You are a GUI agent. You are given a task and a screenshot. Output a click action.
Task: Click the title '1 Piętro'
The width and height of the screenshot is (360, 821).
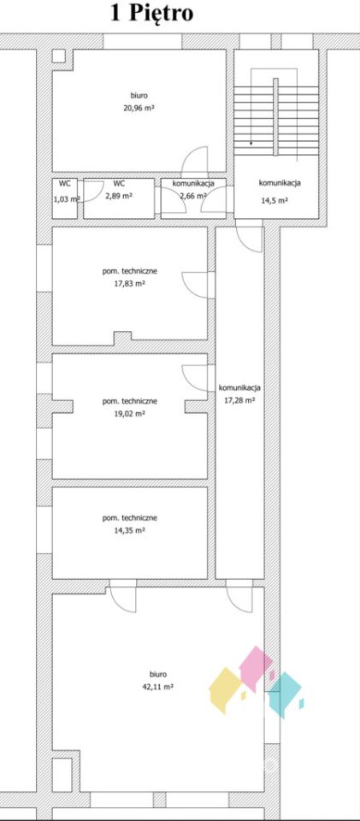point(151,13)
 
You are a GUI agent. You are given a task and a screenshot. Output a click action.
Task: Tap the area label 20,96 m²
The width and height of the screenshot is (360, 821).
point(139,109)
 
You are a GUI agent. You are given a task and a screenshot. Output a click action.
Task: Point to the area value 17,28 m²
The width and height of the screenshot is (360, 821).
point(239,400)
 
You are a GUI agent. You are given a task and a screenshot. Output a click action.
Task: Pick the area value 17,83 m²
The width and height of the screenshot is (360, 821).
point(130,284)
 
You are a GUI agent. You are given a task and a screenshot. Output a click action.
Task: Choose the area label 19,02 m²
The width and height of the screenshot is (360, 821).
point(130,413)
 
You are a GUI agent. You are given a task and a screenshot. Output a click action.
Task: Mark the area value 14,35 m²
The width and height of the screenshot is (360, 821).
point(130,530)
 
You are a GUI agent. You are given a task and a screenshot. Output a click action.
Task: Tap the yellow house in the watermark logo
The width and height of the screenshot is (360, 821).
point(226,689)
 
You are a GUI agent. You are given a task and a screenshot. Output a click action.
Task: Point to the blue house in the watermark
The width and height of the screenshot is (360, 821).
point(286,695)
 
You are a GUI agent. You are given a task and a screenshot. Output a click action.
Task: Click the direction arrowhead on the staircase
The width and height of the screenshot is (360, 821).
point(251,143)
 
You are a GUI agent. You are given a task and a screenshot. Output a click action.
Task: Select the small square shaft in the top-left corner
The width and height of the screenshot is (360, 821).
point(59,56)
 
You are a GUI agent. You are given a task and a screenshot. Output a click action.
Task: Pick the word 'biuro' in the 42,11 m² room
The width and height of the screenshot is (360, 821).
point(157,675)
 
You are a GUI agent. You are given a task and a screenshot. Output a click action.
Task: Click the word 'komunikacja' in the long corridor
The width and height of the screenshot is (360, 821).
point(239,388)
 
